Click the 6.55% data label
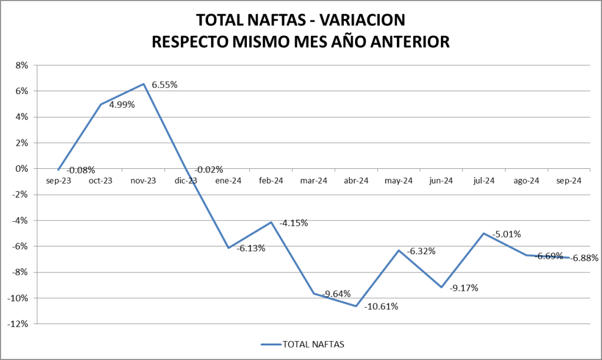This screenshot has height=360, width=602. (165, 85)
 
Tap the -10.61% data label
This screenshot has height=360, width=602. (381, 306)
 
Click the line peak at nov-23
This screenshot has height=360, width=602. (143, 84)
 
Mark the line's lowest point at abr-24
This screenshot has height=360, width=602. (356, 306)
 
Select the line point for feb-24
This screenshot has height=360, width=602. (271, 222)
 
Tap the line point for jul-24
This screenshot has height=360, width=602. (483, 234)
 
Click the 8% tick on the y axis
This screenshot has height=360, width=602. (22, 65)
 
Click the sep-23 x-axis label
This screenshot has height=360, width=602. (58, 181)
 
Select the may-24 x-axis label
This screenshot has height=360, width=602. (399, 181)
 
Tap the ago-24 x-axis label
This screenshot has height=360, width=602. (526, 181)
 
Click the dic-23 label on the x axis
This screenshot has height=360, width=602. (186, 181)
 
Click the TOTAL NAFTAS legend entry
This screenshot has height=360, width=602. (306, 344)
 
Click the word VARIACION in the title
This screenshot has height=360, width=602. (365, 20)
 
